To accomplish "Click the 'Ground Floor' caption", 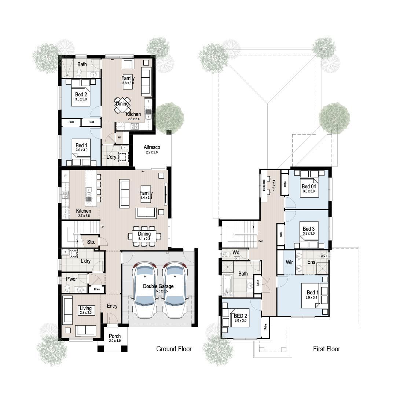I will [174, 349].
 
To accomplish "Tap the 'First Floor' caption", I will [326, 349].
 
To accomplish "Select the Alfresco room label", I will [152, 147].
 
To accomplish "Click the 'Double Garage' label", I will [158, 286].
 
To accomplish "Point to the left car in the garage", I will [145, 290].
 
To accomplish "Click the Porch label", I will [115, 336].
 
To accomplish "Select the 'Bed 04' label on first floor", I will [309, 186].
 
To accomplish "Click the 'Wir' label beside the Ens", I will [289, 262].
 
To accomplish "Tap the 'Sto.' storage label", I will [91, 242].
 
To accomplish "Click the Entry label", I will [112, 306].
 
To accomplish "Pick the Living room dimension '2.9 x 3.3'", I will [85, 312].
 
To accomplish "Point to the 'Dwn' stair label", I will [261, 242].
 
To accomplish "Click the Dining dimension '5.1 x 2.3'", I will [144, 239].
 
